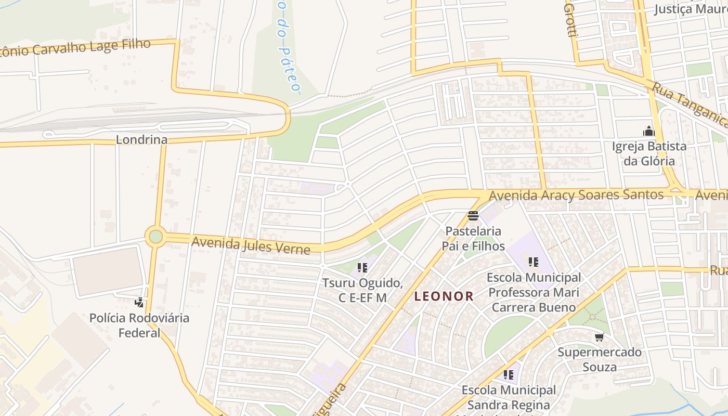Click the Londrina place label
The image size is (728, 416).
141,139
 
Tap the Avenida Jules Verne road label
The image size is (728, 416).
251,245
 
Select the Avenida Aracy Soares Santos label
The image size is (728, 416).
576,196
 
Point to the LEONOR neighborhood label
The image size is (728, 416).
444,296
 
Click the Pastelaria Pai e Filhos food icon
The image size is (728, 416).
473,216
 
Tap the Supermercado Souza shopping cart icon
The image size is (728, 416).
600,337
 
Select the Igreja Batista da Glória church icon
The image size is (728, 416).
648,131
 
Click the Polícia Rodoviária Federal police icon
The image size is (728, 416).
139,302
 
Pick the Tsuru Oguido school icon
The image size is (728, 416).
362,268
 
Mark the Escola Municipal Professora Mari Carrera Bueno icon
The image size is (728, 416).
533,262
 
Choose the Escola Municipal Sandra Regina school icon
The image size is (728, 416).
508,374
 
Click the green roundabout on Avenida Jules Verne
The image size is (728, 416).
155,237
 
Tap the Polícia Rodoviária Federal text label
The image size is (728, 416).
139,325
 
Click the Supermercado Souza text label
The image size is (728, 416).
600,359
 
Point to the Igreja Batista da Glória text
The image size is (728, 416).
649,153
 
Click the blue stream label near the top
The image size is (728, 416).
286,47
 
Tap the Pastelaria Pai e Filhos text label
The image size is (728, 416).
473,238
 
